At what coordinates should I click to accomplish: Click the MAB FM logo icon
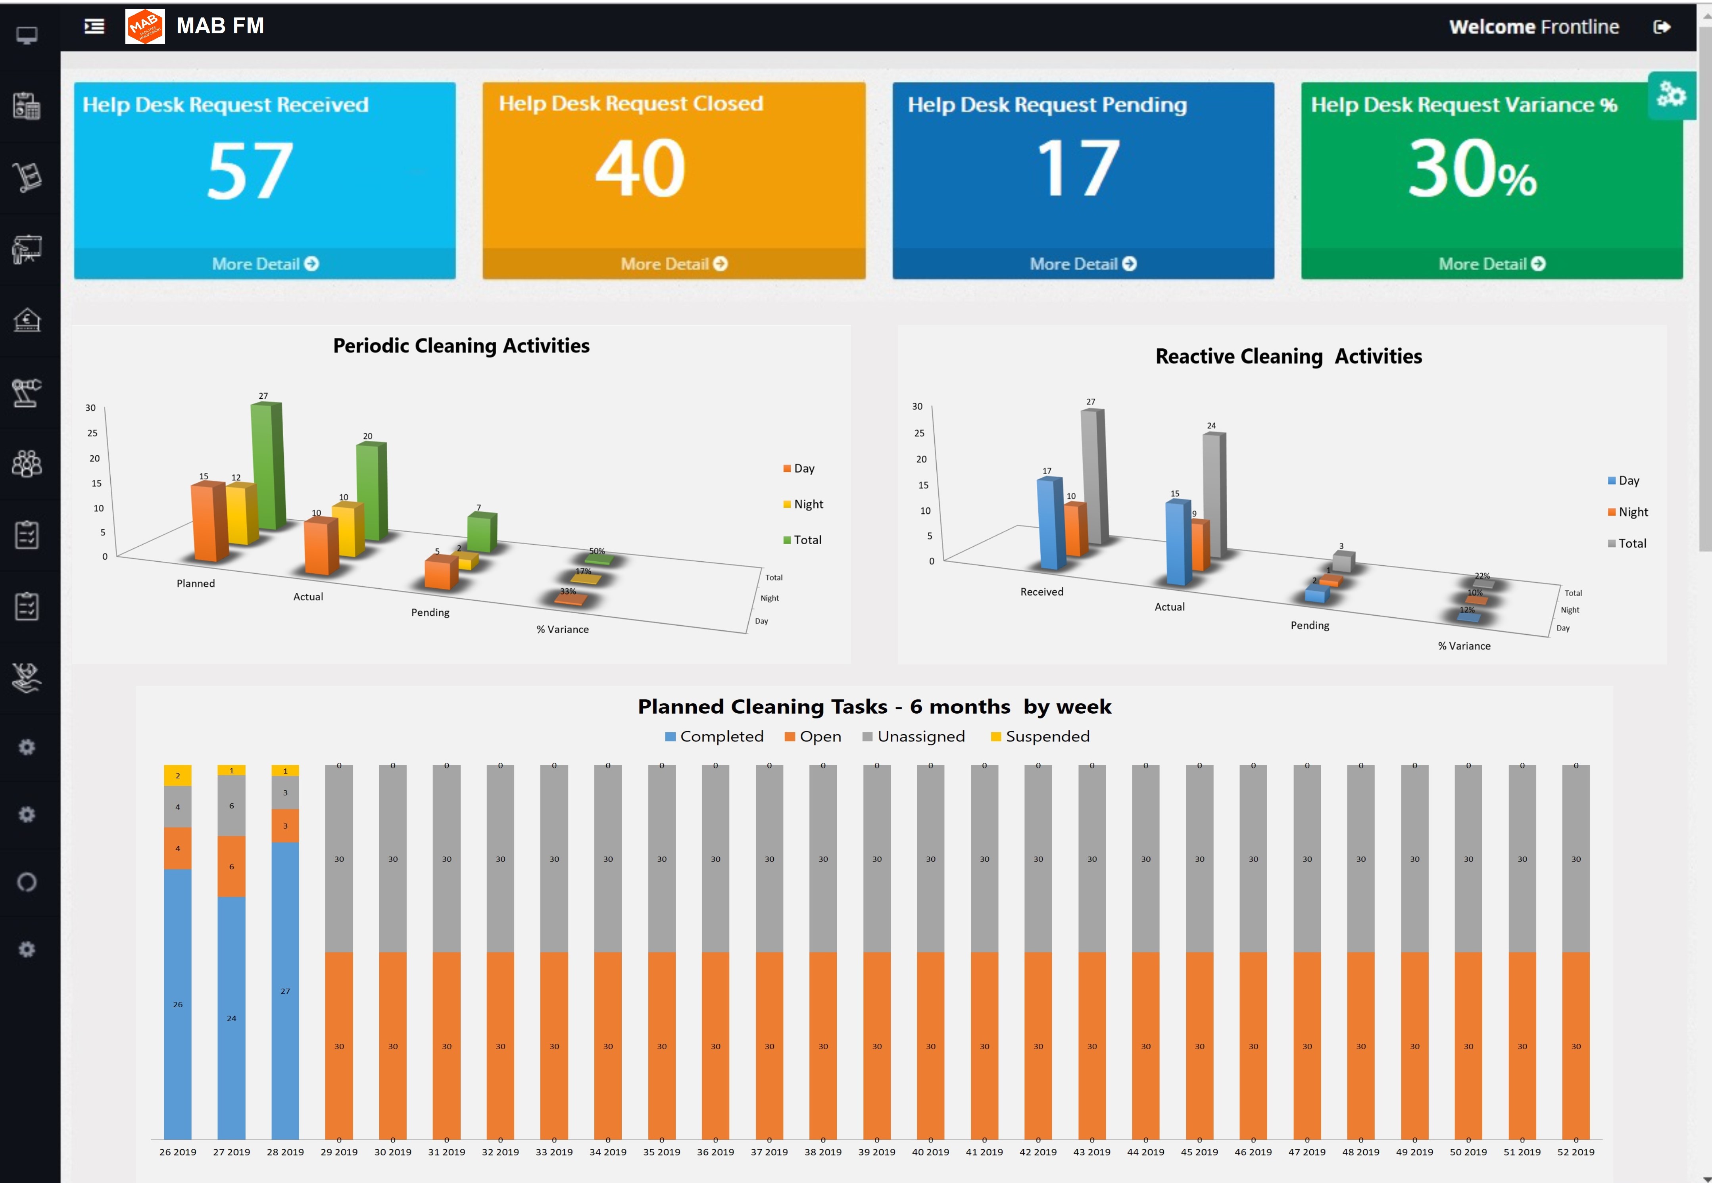coord(144,27)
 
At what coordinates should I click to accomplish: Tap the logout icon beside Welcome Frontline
coord(1662,27)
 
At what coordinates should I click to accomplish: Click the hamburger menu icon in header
coord(94,27)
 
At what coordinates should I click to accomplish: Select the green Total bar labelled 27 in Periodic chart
coord(267,465)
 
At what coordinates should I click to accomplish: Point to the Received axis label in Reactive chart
coord(1041,591)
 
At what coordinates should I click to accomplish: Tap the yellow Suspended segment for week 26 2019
coord(178,775)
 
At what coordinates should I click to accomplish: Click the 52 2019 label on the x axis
coord(1576,1152)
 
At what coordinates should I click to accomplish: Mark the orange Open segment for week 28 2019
coord(285,826)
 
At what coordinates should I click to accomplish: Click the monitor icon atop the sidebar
coord(27,35)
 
